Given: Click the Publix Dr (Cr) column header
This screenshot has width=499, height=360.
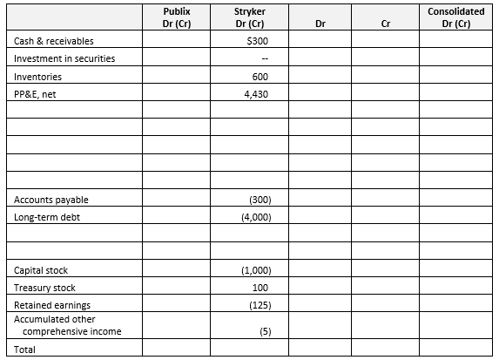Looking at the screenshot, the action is (x=177, y=17).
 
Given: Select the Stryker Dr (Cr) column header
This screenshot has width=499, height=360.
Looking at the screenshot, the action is (x=250, y=17).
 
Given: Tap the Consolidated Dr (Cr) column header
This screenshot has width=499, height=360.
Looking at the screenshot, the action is (x=457, y=17).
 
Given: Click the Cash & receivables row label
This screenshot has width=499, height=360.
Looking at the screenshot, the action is (x=55, y=41).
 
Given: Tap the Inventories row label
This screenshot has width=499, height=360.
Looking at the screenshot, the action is (x=38, y=76).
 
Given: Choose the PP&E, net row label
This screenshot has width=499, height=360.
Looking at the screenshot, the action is (x=36, y=93).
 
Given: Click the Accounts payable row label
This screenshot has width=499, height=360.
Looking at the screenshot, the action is (x=51, y=200).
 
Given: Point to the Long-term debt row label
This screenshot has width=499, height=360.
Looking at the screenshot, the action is (x=47, y=218).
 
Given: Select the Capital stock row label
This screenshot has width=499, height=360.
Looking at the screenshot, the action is (x=43, y=270).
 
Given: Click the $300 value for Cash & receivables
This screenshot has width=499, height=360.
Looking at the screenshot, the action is (x=258, y=41).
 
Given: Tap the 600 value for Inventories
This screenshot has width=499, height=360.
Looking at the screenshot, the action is (x=260, y=76).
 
